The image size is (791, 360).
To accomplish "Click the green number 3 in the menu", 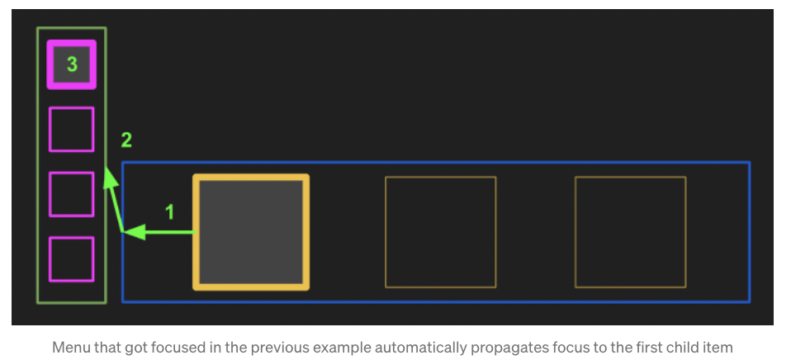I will pyautogui.click(x=72, y=64).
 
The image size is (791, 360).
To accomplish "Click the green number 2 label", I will pyautogui.click(x=126, y=139).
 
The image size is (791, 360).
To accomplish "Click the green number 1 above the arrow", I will pyautogui.click(x=169, y=212).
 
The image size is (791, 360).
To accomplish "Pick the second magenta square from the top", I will pyautogui.click(x=71, y=130).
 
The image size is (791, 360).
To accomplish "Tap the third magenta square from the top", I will pyautogui.click(x=71, y=194).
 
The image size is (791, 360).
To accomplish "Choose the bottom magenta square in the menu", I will pyautogui.click(x=71, y=259).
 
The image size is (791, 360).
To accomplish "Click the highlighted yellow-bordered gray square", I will pyautogui.click(x=251, y=232).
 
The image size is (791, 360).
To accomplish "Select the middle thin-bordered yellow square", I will pyautogui.click(x=440, y=232).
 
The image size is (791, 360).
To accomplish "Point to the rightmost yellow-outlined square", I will pyautogui.click(x=630, y=232).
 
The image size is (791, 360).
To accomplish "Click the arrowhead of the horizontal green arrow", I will pyautogui.click(x=135, y=232).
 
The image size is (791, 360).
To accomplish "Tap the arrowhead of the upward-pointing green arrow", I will pyautogui.click(x=108, y=180).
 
